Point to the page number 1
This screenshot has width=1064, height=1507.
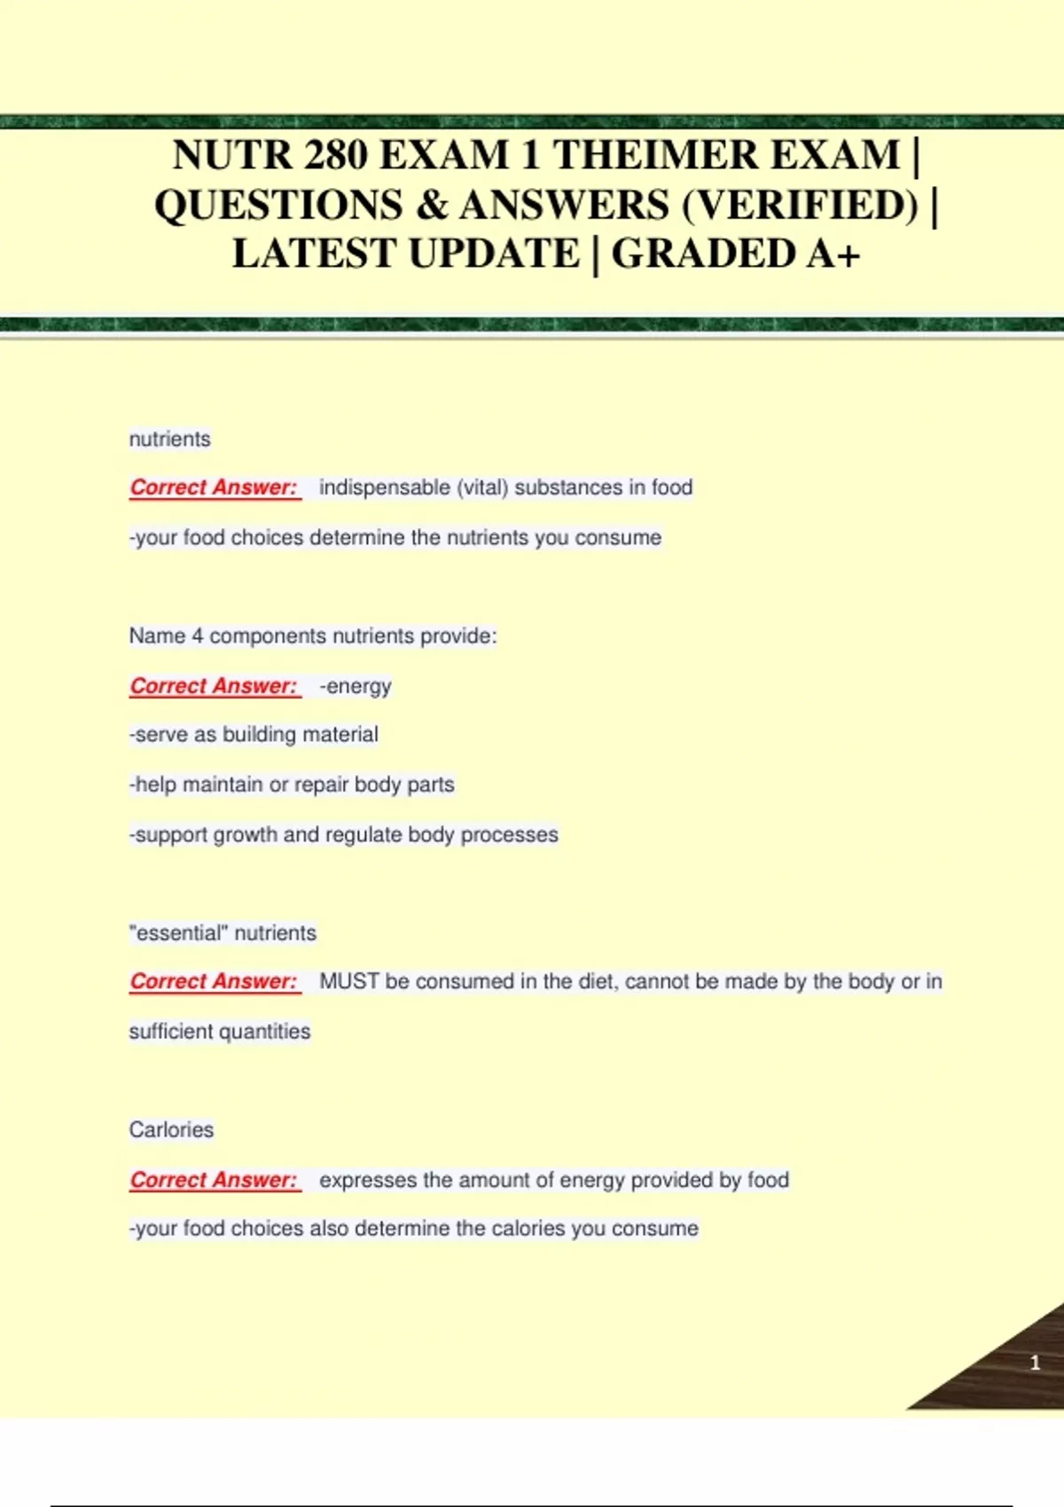point(1035,1363)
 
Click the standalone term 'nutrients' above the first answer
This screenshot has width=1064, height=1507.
point(169,439)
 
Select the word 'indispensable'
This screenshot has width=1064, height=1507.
point(384,488)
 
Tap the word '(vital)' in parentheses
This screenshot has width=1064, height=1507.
point(482,488)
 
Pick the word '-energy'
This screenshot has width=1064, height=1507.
point(355,686)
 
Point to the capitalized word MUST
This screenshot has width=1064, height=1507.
point(348,981)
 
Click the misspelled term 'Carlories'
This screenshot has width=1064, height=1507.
point(171,1129)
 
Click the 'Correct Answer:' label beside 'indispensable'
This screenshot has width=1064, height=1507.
point(214,488)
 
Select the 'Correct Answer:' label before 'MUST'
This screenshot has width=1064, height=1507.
point(214,981)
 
